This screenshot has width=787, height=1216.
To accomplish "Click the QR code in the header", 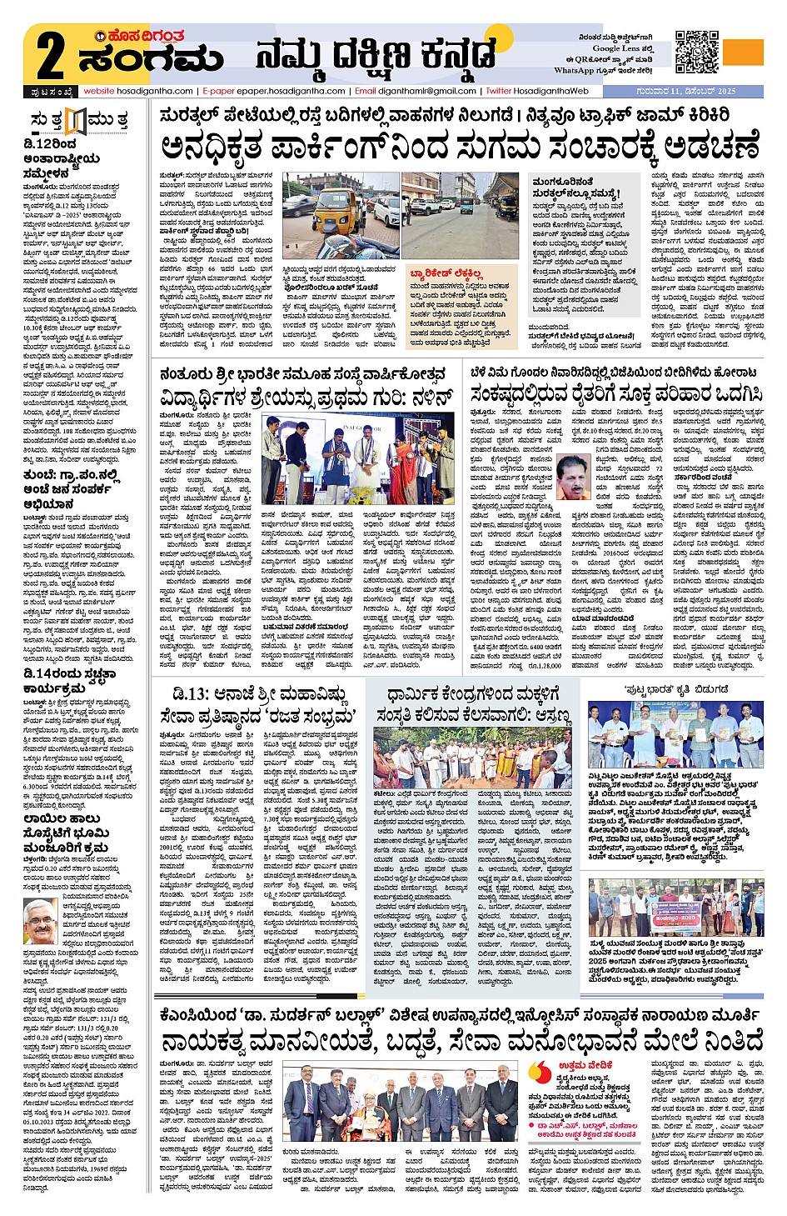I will [x=696, y=52].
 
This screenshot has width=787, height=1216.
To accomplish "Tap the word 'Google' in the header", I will [x=605, y=48].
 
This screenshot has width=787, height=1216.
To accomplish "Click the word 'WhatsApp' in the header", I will [x=574, y=71].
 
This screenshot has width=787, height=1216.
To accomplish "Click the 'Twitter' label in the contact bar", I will [x=499, y=91].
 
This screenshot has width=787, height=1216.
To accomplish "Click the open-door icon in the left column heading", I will [x=76, y=120].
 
